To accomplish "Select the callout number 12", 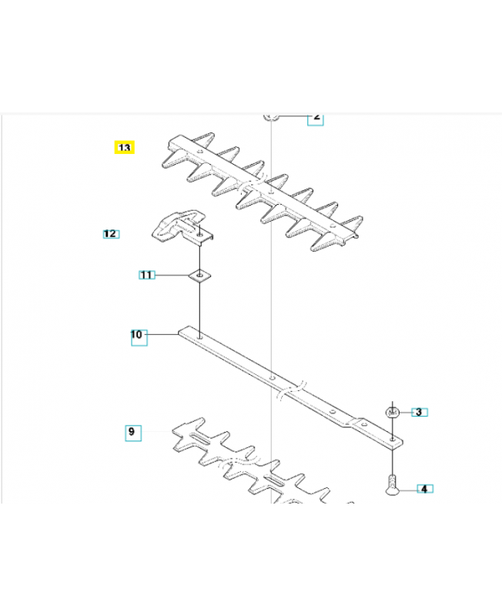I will point(111,233).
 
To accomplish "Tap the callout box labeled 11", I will point(147,274).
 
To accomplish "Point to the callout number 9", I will point(132,432).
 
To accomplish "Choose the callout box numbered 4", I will point(424,488).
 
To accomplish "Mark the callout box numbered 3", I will point(419,412).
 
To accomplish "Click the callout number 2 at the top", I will point(316,117).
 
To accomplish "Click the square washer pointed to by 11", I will point(200,274).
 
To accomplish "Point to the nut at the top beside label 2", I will point(270,116).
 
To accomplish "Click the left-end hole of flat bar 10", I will point(200,335).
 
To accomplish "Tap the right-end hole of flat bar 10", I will point(393,438).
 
